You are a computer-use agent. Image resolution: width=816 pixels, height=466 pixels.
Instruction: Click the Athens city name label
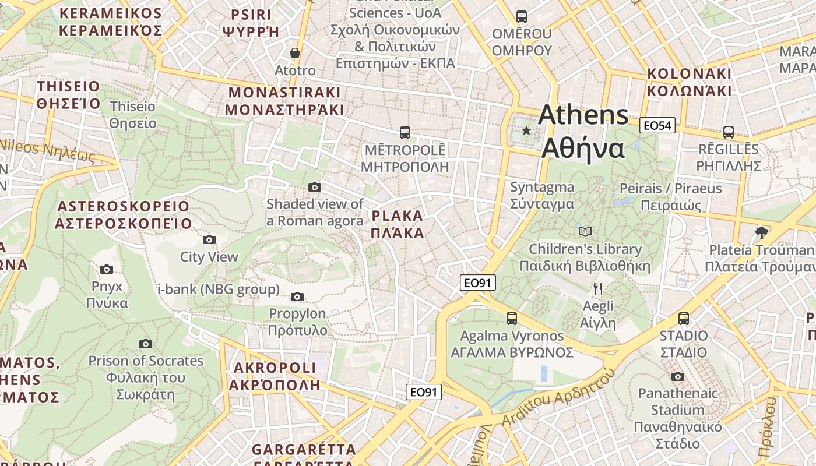pyautogui.click(x=583, y=132)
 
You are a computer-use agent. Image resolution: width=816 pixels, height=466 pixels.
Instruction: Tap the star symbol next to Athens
pyautogui.click(x=526, y=130)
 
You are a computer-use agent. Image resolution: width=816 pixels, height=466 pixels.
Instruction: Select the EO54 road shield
pyautogui.click(x=657, y=125)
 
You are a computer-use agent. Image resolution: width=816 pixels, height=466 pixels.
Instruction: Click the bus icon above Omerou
pyautogui.click(x=521, y=17)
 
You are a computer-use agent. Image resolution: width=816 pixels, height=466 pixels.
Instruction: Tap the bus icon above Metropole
pyautogui.click(x=405, y=133)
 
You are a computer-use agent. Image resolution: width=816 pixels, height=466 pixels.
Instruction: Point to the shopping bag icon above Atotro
pyautogui.click(x=295, y=53)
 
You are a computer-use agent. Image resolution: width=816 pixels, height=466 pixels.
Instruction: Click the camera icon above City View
pyautogui.click(x=209, y=239)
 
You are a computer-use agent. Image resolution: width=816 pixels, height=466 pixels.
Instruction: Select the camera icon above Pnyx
pyautogui.click(x=107, y=269)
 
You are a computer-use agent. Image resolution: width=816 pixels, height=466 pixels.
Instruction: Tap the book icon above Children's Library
pyautogui.click(x=585, y=231)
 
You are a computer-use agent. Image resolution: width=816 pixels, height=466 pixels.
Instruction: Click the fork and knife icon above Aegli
pyautogui.click(x=597, y=288)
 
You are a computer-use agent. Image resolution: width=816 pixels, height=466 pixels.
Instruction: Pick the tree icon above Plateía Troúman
pyautogui.click(x=761, y=232)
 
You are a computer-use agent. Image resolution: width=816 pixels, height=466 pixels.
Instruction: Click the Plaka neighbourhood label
pyautogui.click(x=397, y=224)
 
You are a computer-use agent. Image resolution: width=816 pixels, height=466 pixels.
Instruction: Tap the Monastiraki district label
pyautogui.click(x=284, y=101)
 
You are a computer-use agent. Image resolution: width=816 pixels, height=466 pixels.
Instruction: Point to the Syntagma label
pyautogui.click(x=542, y=195)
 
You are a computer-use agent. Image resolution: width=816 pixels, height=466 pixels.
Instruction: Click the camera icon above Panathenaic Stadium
pyautogui.click(x=677, y=376)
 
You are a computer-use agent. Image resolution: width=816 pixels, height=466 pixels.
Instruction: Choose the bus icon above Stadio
pyautogui.click(x=683, y=319)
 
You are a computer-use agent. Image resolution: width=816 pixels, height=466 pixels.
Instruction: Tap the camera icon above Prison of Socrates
pyautogui.click(x=146, y=344)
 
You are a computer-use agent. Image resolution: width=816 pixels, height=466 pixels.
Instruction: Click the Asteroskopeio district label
pyautogui.click(x=124, y=215)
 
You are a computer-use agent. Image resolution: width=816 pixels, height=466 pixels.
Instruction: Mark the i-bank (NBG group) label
pyautogui.click(x=219, y=289)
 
